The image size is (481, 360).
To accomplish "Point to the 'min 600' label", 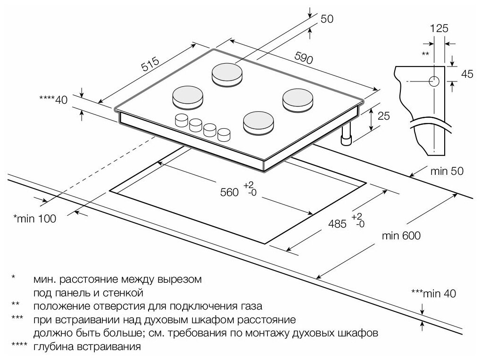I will (x=402, y=236).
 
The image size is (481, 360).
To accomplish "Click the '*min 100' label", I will (x=34, y=218).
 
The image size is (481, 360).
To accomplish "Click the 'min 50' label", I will (x=447, y=171).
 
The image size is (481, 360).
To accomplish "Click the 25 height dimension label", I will (x=383, y=115).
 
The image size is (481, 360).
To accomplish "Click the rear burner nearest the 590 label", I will (x=228, y=74).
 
